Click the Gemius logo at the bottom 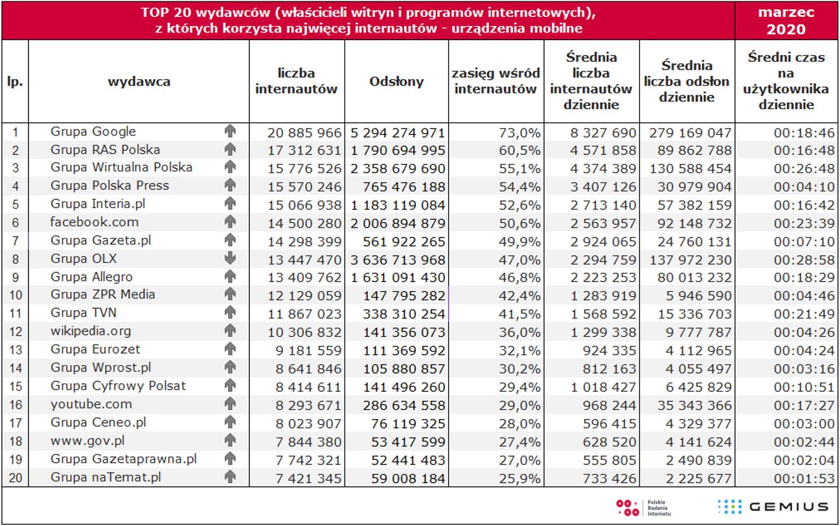pyautogui.click(x=773, y=507)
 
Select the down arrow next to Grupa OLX pyautogui.click(x=229, y=258)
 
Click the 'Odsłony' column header pyautogui.click(x=396, y=81)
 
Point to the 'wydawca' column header pyautogui.click(x=139, y=81)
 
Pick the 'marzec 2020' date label pyautogui.click(x=786, y=21)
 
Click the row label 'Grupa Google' pyautogui.click(x=93, y=132)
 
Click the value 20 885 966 pyautogui.click(x=304, y=133)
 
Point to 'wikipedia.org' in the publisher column pyautogui.click(x=91, y=331)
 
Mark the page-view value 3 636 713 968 pyautogui.click(x=398, y=259)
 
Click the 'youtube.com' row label pyautogui.click(x=91, y=404)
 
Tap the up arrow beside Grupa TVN pyautogui.click(x=229, y=313)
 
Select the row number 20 pyautogui.click(x=16, y=478)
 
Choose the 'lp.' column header pyautogui.click(x=15, y=81)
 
